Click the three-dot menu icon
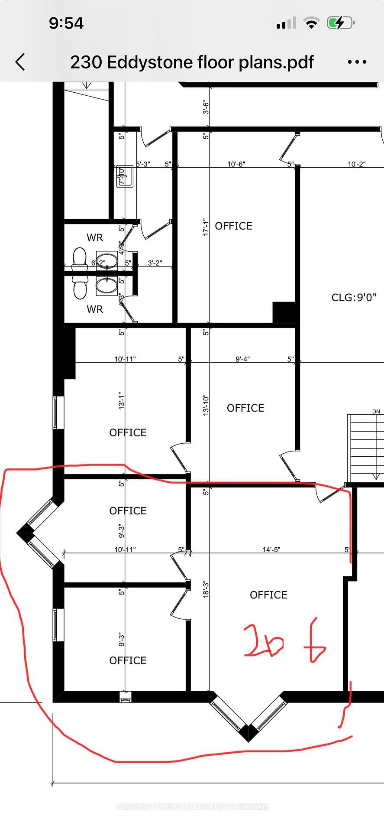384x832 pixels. click(x=357, y=62)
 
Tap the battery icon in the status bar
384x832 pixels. click(x=340, y=23)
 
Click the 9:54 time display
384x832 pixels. click(x=66, y=23)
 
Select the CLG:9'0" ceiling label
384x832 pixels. click(x=354, y=297)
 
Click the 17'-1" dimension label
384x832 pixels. click(x=206, y=227)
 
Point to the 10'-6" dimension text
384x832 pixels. click(x=236, y=164)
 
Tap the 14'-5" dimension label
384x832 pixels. click(x=271, y=549)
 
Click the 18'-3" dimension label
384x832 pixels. click(x=206, y=590)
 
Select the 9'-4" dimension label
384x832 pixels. click(x=242, y=359)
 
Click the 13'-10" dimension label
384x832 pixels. click(x=206, y=406)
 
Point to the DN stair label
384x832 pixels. click(x=376, y=412)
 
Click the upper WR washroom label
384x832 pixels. click(x=95, y=237)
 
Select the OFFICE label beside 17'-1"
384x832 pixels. click(x=233, y=226)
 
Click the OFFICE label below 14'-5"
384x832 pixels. click(x=268, y=595)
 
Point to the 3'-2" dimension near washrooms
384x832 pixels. click(x=155, y=263)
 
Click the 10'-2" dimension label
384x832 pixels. click(x=356, y=164)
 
